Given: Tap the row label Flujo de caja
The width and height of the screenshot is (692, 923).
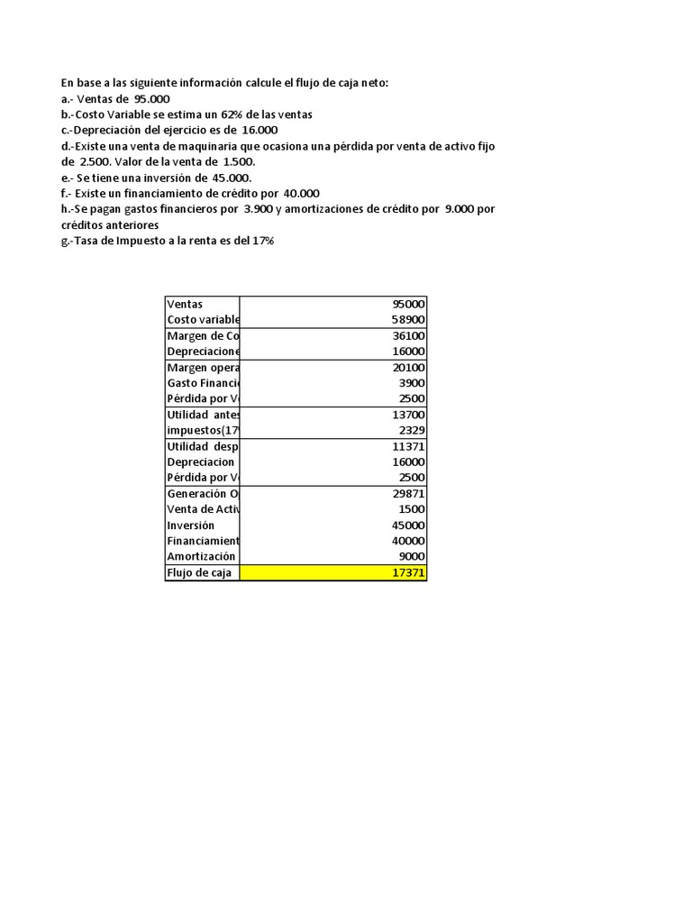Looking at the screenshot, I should (x=198, y=573).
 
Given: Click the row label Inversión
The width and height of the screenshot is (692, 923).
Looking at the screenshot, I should (x=192, y=525).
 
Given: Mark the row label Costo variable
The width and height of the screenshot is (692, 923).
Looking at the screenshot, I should (x=203, y=320).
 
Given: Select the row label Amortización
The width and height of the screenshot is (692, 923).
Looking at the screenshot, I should (x=202, y=557).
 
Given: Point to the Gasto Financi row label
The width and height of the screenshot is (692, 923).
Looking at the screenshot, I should (x=203, y=383).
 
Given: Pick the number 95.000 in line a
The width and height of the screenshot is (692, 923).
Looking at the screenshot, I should (x=151, y=99).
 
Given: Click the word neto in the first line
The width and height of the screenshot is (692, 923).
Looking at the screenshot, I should (x=371, y=83).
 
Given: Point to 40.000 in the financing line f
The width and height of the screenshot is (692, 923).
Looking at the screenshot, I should (x=301, y=193).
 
